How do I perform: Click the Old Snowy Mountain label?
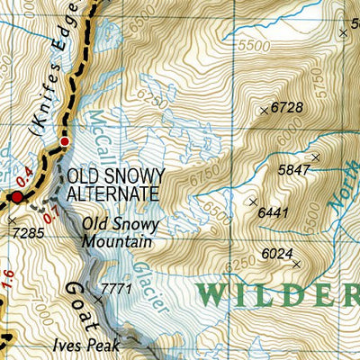pos(121,232)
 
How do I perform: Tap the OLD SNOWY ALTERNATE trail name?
pos(112,184)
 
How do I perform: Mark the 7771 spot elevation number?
pos(116,289)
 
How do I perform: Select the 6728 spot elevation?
pos(285,108)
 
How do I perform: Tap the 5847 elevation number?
pos(295,169)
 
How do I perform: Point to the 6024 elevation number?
pos(277,254)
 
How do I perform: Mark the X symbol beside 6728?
pos(264,111)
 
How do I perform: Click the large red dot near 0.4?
pos(16,196)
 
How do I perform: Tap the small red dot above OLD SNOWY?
pos(65,141)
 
